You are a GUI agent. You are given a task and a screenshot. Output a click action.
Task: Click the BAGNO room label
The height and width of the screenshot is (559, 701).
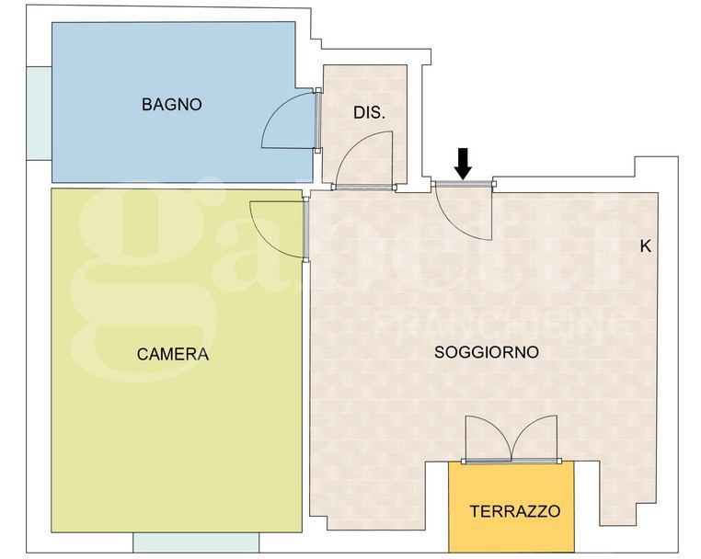point(171,105)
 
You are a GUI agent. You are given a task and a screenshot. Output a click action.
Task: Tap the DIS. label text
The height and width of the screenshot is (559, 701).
point(369,113)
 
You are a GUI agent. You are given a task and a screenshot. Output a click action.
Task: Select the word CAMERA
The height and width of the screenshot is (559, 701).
point(173,354)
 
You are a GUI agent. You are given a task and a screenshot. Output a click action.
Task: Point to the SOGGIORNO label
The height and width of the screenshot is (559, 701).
point(487,352)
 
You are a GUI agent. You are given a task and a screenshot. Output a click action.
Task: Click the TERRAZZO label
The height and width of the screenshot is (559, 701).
point(514,511)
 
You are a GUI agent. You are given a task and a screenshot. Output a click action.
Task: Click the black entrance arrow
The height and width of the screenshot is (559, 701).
point(463,164)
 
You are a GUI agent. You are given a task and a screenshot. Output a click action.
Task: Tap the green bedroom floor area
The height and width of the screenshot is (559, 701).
point(175,423)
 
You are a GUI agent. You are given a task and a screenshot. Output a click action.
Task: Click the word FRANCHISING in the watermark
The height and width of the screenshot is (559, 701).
point(501,324)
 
